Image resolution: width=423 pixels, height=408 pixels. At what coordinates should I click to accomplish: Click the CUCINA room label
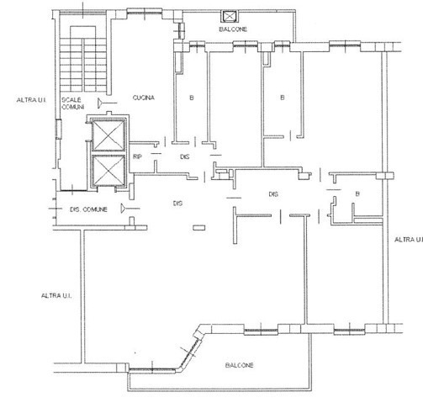[143, 98]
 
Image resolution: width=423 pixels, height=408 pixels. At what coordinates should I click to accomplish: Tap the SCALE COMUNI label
[72, 103]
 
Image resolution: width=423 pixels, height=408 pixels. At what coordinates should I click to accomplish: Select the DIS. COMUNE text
[88, 209]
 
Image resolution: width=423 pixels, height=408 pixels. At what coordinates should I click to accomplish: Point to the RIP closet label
[137, 156]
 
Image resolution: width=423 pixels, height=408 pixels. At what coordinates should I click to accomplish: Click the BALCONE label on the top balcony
[233, 29]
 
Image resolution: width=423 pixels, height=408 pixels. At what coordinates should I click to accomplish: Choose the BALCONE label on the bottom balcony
[240, 365]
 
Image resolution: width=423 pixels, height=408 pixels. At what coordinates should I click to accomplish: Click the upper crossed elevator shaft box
[108, 135]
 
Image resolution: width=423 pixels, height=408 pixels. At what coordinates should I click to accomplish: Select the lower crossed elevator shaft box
[108, 171]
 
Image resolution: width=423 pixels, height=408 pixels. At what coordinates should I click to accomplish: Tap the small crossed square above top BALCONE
[229, 17]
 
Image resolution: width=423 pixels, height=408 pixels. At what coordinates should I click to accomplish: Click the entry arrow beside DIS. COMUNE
[130, 209]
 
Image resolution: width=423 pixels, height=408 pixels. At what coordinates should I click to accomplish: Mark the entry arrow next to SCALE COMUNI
[107, 103]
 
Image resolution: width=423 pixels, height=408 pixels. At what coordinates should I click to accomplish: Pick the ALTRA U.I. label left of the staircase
[31, 100]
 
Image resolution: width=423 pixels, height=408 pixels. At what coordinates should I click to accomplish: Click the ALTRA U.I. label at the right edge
[408, 240]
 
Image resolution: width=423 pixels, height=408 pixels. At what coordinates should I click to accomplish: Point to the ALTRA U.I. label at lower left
[56, 295]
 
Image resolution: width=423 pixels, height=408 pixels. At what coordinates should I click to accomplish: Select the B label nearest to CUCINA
[192, 98]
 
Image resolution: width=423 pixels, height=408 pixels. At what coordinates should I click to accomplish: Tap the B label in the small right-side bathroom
[357, 193]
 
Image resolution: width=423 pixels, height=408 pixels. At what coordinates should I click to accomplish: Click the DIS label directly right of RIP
[185, 156]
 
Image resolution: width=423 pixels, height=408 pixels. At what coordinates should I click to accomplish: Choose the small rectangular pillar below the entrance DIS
[199, 228]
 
